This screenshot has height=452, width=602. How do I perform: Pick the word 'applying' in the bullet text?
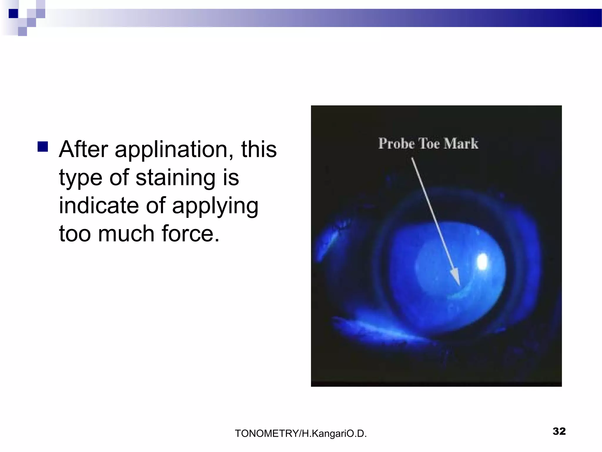[215, 206]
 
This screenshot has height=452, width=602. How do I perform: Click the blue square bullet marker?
[43, 147]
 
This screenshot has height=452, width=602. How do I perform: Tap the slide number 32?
[559, 431]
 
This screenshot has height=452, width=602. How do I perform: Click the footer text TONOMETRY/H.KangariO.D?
[301, 433]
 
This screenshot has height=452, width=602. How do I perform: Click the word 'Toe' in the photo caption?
[429, 144]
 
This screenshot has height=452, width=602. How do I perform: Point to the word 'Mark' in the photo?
[461, 144]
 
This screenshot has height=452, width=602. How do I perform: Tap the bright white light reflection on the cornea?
[482, 261]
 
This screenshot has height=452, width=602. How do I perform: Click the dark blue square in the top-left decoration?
[13, 14]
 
